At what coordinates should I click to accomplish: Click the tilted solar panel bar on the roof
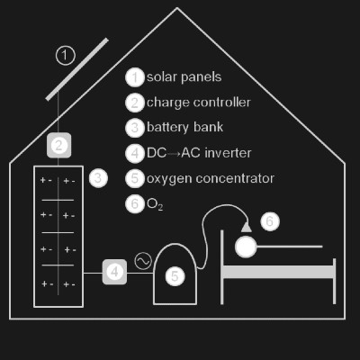77,69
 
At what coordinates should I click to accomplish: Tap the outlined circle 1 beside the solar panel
66,56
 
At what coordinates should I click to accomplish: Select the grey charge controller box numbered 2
58,146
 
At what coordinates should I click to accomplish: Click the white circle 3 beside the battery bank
98,178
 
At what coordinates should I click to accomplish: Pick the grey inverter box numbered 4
114,272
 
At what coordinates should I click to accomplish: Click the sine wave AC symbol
143,261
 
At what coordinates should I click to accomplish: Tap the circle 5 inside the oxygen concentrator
175,276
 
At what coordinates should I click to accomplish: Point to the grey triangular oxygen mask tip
247,227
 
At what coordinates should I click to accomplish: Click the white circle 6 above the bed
270,221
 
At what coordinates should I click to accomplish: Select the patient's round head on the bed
246,247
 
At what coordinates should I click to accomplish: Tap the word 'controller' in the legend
221,103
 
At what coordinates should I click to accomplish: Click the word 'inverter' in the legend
228,153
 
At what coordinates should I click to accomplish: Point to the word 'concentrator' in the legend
236,178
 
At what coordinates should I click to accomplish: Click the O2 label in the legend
155,204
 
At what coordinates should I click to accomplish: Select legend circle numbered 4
135,153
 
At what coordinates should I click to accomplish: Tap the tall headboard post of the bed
222,267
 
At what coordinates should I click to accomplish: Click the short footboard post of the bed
334,281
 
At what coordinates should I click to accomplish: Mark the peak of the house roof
177,8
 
